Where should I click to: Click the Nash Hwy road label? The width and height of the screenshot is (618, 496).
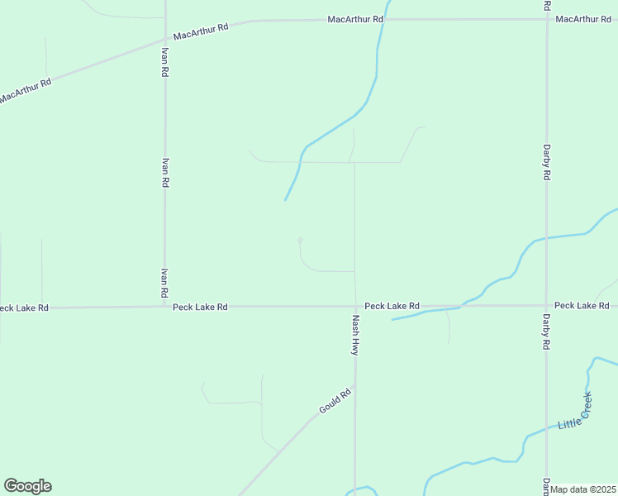pos(355,335)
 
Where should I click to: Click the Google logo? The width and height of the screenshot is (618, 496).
pos(27,486)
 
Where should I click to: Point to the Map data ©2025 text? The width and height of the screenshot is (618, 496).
pos(583,489)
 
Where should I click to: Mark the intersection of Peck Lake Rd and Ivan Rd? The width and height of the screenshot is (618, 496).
pos(164,307)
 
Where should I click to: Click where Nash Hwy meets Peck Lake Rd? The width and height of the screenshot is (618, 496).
pos(355,306)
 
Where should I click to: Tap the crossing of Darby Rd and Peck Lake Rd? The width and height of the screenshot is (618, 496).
pos(546,305)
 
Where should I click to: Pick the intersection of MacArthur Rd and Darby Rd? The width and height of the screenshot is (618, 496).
pos(546,19)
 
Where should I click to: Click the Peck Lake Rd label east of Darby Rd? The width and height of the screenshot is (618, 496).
pos(582,305)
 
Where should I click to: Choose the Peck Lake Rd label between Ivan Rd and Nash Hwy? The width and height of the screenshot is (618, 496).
pos(200,307)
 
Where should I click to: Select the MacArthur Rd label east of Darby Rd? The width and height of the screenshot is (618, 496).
pos(583,19)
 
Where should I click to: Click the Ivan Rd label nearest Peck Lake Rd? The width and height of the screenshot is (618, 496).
pos(164,283)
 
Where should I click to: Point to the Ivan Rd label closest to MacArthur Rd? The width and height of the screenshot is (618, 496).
pos(164,62)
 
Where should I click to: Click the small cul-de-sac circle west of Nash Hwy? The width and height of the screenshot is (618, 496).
pos(300,240)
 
